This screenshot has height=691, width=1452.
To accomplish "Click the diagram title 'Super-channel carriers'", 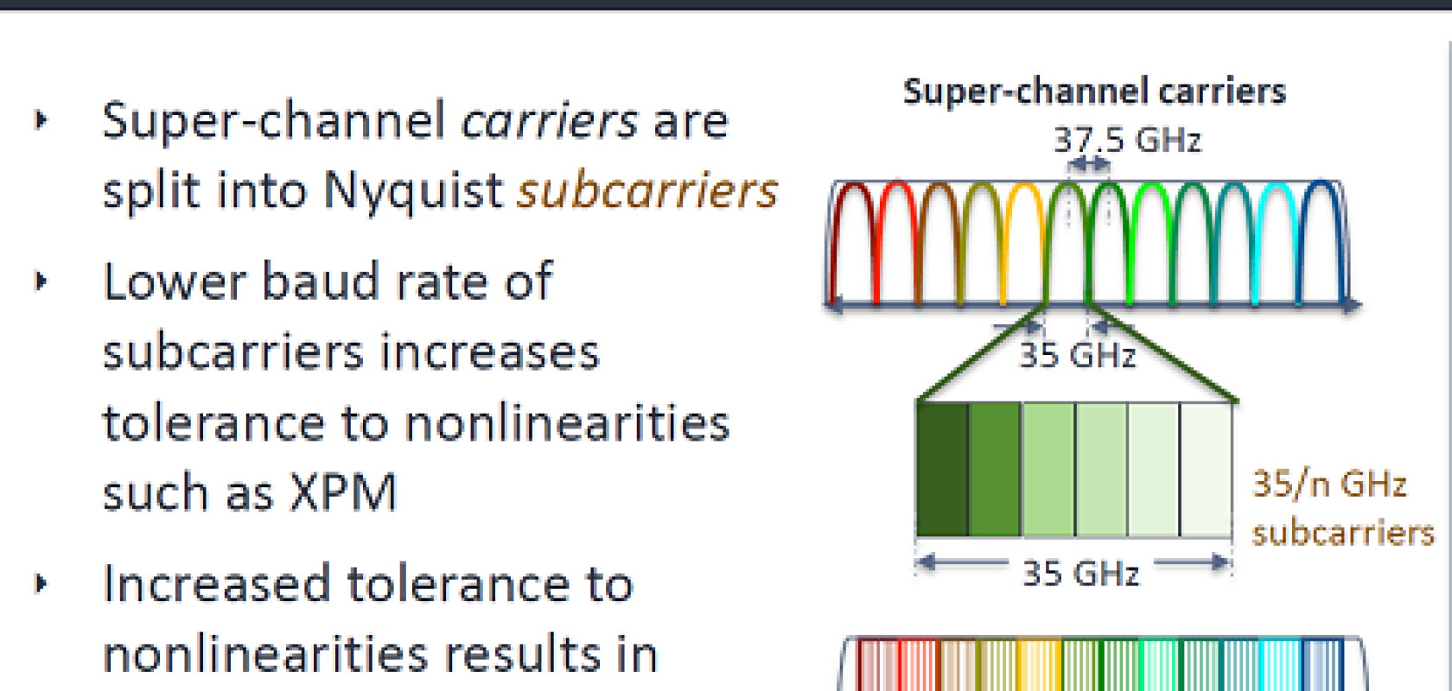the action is coord(1094,92).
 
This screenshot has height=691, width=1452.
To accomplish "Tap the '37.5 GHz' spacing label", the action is coord(1127,140).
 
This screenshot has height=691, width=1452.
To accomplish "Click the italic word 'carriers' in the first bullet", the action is coord(550,120).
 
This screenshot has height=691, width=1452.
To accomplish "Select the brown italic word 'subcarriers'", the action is coord(647,190).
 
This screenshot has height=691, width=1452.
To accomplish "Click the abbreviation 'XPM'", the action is coord(343,493).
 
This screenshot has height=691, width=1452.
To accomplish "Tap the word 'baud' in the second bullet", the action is coord(320,281).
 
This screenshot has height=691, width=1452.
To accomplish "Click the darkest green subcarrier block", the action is coord(942,470).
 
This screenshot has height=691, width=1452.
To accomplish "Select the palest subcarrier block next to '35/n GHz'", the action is coord(1207,470).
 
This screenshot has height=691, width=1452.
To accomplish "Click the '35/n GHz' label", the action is coord(1329,485).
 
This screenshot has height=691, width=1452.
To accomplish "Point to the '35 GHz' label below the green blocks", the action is coord(1080,574).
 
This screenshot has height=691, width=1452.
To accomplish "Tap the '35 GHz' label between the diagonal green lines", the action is coord(1077,355).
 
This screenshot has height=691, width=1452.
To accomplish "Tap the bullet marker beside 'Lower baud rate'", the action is coord(41,281).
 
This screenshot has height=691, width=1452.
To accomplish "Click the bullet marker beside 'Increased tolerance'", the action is coord(41,584).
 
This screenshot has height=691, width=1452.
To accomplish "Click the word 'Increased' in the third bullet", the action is coord(217,584).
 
